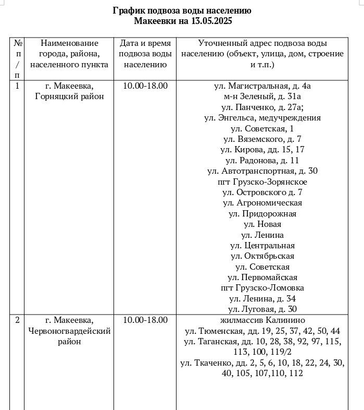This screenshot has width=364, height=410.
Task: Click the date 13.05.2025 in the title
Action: pyautogui.click(x=208, y=21)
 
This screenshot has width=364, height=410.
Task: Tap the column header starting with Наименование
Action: pyautogui.click(x=69, y=54)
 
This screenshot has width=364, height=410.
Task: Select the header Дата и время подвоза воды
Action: pyautogui.click(x=145, y=54)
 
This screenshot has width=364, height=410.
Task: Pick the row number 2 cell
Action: pyautogui.click(x=17, y=320)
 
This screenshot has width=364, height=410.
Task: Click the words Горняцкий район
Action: pyautogui.click(x=69, y=97)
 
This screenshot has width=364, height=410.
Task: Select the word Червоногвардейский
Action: pyautogui.click(x=69, y=331)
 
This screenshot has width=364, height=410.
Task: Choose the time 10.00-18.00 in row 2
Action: pyautogui.click(x=145, y=320)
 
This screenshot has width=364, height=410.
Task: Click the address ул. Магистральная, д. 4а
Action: pyautogui.click(x=262, y=86)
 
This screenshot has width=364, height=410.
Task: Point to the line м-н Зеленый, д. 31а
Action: pyautogui.click(x=262, y=97)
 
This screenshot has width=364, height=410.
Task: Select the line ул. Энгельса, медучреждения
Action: pyautogui.click(x=262, y=118)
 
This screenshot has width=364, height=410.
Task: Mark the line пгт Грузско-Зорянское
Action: pyautogui.click(x=262, y=182)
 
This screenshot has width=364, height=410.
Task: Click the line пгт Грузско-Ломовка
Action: pyautogui.click(x=262, y=288)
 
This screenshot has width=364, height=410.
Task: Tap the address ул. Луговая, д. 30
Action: pyautogui.click(x=262, y=309)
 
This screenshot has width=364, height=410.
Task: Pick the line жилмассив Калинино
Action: pyautogui.click(x=262, y=320)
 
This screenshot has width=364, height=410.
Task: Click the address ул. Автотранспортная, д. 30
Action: pyautogui.click(x=262, y=171)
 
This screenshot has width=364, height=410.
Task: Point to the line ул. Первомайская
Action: pyautogui.click(x=262, y=278)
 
